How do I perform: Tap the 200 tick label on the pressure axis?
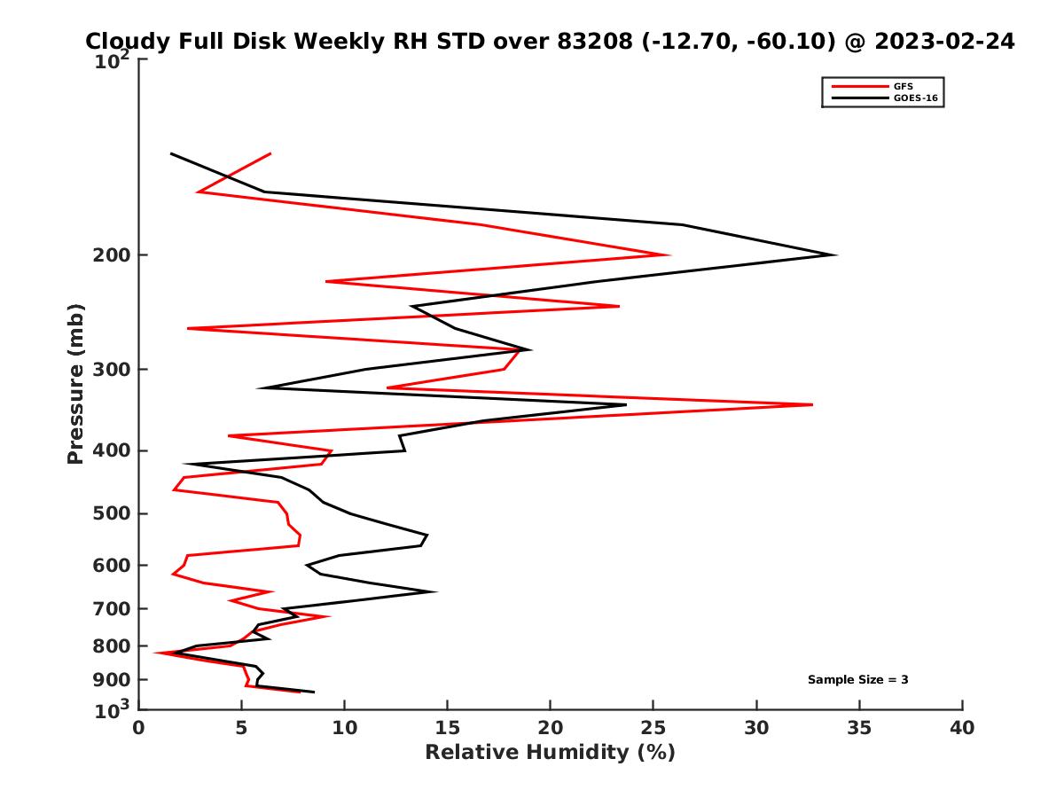(112, 255)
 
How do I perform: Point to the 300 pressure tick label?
(112, 370)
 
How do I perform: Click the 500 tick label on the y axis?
(112, 513)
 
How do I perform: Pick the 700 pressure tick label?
(112, 609)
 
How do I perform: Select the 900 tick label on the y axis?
(112, 680)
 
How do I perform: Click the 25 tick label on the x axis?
(653, 728)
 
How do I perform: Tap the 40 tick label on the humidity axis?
(962, 728)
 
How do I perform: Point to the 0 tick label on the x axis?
(138, 728)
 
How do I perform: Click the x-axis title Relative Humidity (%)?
(550, 753)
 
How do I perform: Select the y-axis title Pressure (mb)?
(75, 383)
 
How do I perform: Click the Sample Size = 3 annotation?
(857, 680)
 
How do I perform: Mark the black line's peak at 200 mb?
(835, 255)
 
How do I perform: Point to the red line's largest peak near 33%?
(811, 404)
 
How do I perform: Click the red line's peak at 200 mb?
(669, 255)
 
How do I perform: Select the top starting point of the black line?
(171, 153)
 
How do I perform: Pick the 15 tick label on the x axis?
(447, 728)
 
